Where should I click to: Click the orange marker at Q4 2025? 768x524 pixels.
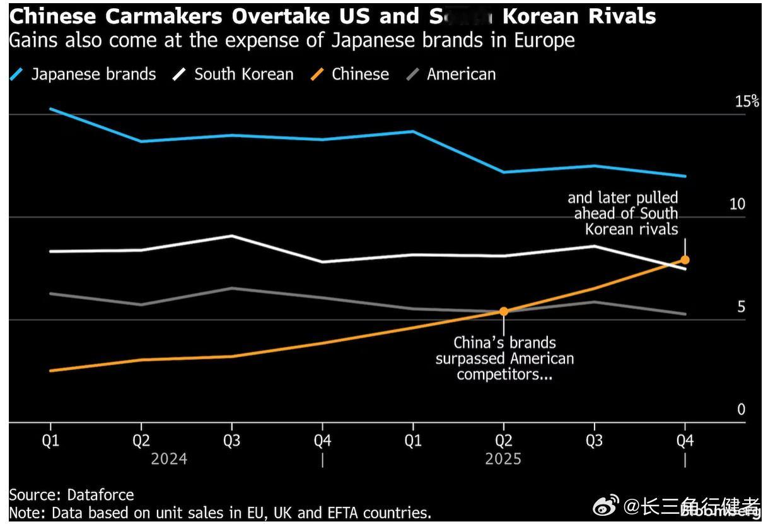point(685,259)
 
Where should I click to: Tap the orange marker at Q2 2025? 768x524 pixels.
point(504,311)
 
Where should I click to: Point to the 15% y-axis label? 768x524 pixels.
point(747,102)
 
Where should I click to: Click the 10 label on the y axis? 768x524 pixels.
point(737,205)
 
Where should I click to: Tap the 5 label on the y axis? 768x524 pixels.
point(741,307)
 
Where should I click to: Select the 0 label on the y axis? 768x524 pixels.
point(741,410)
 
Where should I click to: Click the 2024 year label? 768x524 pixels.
point(169,459)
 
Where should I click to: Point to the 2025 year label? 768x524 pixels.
point(503,459)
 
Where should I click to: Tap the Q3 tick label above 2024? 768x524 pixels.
point(232,441)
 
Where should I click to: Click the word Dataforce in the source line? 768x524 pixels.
point(100,495)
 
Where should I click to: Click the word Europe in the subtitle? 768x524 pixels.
point(544,41)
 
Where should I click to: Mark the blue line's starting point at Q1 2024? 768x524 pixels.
point(50,109)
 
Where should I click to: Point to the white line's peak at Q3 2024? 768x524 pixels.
point(232,235)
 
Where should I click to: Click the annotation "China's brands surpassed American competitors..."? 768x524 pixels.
point(504,359)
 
